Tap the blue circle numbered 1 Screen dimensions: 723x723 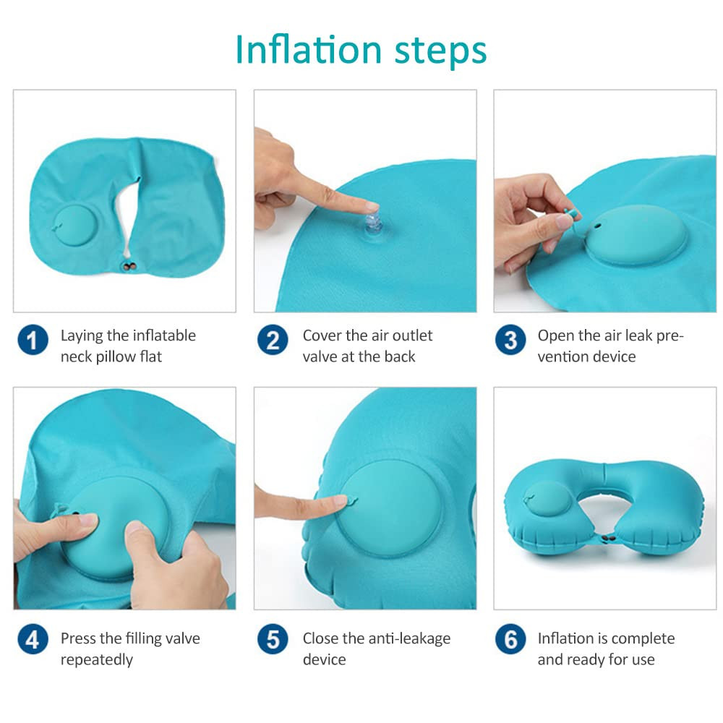[33, 340]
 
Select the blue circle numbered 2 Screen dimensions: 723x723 [273, 340]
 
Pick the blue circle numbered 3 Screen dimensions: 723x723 [510, 340]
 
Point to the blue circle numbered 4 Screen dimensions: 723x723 [33, 639]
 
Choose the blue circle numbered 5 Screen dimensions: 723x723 [273, 639]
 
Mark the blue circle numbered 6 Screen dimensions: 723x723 [510, 639]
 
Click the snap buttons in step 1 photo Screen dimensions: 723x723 [130, 268]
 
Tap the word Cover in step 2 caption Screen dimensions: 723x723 [323, 335]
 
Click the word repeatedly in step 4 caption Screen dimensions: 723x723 [97, 659]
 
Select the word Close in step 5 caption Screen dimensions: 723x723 [322, 638]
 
